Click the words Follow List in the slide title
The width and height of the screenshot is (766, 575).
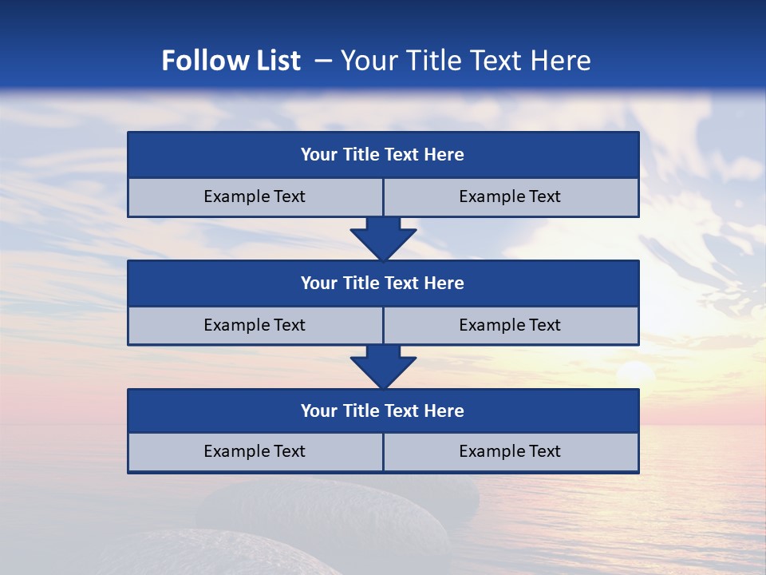(x=231, y=61)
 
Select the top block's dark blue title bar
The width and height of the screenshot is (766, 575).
(x=383, y=155)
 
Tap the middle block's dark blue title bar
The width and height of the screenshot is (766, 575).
(x=383, y=284)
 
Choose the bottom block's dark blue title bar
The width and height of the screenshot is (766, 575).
(x=383, y=411)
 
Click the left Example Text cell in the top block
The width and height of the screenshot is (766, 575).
(x=255, y=197)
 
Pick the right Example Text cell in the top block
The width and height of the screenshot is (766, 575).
(x=510, y=197)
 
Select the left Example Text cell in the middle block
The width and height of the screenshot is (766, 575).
(x=255, y=326)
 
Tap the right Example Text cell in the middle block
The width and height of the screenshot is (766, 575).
(x=510, y=326)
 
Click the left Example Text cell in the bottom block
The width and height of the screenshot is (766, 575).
(x=255, y=452)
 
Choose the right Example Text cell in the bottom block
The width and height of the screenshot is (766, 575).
(x=510, y=452)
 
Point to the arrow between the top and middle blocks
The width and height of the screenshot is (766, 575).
(x=383, y=238)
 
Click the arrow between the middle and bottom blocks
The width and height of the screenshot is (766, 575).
(x=383, y=367)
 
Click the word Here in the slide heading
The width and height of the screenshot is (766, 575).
(x=561, y=61)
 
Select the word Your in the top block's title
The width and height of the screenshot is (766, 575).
(x=319, y=155)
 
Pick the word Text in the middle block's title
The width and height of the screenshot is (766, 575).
(x=403, y=284)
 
